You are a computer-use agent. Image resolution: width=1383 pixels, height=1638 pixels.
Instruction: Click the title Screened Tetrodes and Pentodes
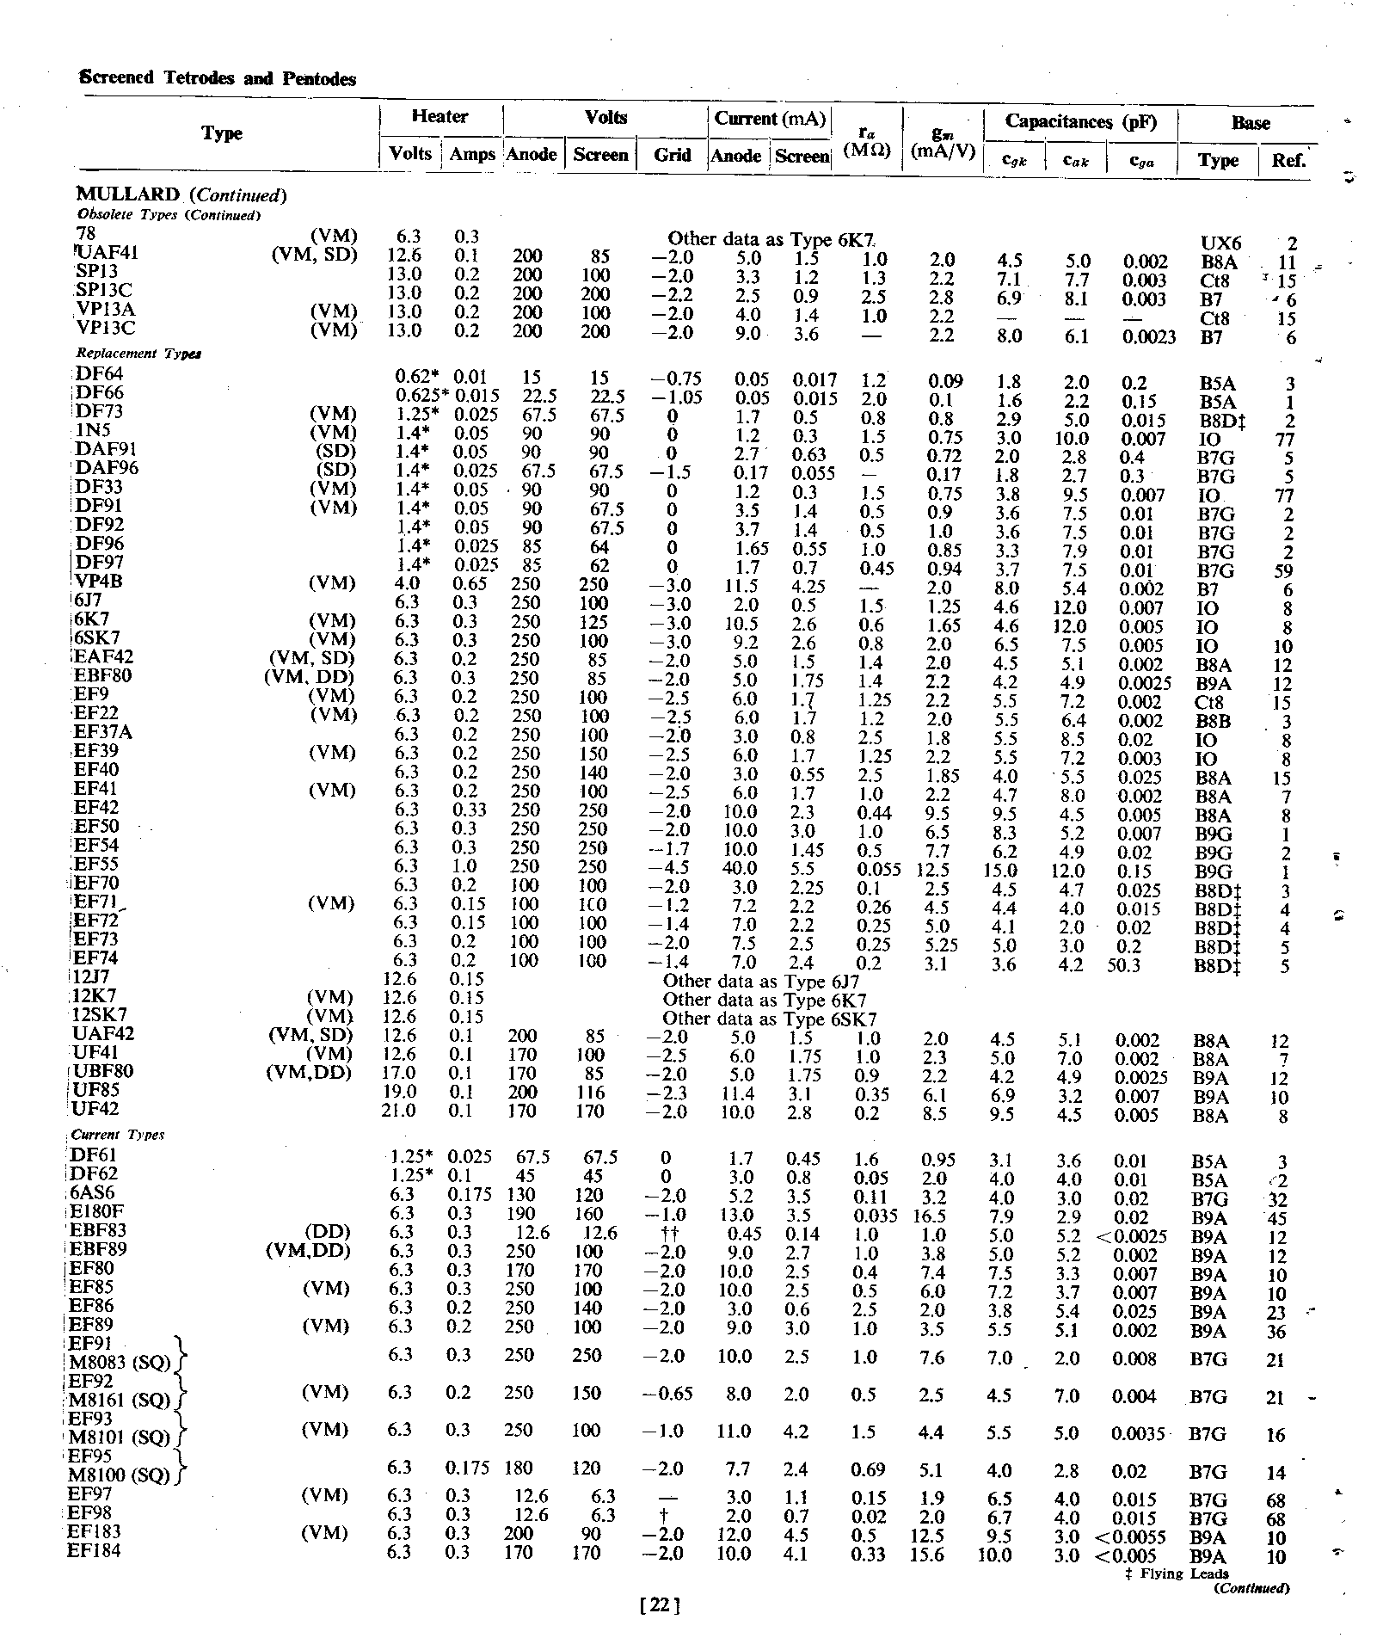(218, 78)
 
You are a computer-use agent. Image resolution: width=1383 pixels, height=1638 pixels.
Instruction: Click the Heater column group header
(439, 116)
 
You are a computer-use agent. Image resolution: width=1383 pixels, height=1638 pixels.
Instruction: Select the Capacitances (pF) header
(1080, 121)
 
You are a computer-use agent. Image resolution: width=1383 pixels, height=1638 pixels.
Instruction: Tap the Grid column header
(672, 155)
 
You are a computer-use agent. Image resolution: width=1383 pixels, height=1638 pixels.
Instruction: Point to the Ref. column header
(1288, 159)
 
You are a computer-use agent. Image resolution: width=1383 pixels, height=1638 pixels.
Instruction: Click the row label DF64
(100, 374)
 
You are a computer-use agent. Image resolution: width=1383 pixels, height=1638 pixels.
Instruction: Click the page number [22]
(661, 1604)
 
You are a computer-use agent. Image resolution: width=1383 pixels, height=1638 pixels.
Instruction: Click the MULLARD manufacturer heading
(129, 194)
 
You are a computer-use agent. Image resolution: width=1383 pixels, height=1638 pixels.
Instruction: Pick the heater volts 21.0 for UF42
(399, 1111)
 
